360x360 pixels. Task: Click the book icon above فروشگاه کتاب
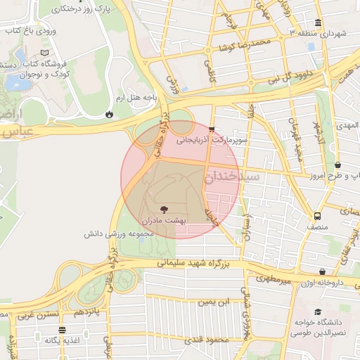tap(46, 53)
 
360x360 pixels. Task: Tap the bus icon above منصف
tap(317, 216)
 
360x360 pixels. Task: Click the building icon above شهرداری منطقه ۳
tap(319, 22)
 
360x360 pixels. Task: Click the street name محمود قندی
tap(210, 340)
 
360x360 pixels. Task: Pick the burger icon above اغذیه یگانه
tap(63, 329)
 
